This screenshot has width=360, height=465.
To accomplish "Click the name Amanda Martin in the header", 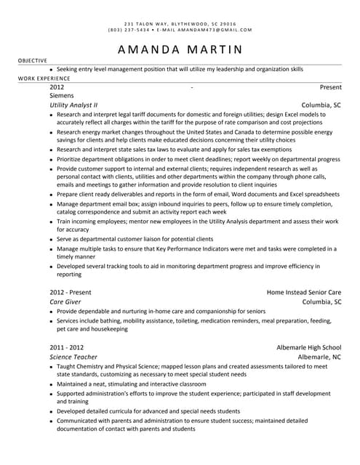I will click(x=180, y=49).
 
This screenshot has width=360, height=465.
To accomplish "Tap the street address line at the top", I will click(x=180, y=24).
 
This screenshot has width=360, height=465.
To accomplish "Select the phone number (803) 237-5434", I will click(x=129, y=30).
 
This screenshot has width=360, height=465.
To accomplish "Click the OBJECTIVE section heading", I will click(x=33, y=60).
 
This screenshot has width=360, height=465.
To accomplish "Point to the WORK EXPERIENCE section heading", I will click(x=44, y=78).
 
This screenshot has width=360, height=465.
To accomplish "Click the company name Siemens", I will click(x=61, y=96).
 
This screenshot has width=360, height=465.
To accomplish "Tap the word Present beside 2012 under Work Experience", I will click(x=330, y=87).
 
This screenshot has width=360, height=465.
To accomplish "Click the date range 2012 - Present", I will click(x=70, y=292).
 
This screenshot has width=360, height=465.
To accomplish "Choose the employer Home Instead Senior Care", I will click(x=303, y=292).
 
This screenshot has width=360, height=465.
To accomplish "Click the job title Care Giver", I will click(x=65, y=302).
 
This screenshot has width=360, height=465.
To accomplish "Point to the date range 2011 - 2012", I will click(x=66, y=347).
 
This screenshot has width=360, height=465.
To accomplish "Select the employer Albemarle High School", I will click(x=308, y=347).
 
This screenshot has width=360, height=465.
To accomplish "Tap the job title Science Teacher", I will click(x=73, y=357).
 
